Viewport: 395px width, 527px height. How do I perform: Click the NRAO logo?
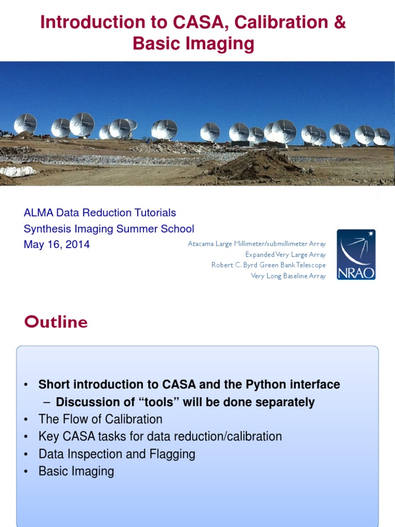pos(356,255)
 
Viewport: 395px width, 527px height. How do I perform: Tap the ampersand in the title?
pos(339,23)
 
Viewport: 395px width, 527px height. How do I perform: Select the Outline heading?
pos(56,322)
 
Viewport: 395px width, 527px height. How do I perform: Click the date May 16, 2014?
pos(57,244)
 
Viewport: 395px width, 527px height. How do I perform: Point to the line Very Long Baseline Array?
pos(288,276)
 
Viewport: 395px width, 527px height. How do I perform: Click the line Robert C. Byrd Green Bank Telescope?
pos(268,265)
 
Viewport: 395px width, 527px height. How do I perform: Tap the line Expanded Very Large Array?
pos(285,254)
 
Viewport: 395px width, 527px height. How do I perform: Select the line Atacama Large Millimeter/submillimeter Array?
pos(257,243)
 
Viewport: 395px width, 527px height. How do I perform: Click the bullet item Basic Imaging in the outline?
pos(76,471)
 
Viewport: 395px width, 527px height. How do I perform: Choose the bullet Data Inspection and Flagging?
pos(117,454)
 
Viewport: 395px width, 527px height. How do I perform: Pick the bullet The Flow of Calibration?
pos(100,419)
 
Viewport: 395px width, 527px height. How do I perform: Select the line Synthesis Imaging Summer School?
pos(109,229)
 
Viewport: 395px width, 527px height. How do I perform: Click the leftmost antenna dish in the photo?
pos(25,124)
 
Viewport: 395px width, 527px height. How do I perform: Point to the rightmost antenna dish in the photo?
pos(382,136)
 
